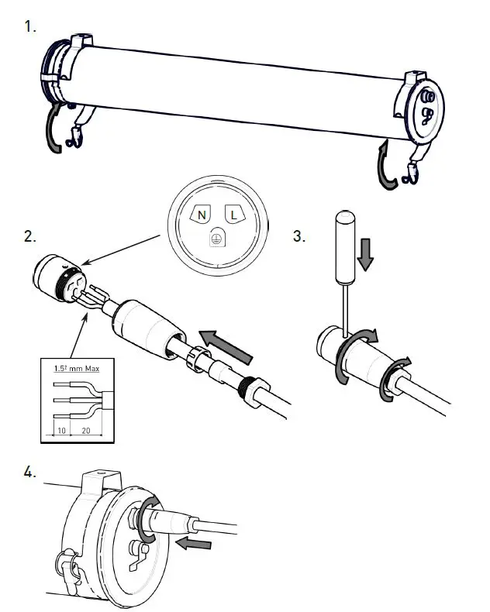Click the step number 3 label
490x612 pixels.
pos(299,237)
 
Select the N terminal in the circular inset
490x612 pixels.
pos(202,215)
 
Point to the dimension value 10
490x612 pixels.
pos(60,428)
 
